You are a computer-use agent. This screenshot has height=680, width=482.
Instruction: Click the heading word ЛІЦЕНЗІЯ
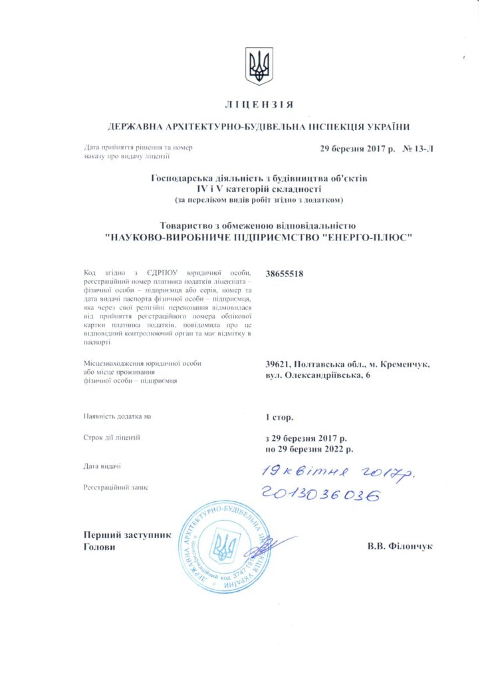click(x=259, y=106)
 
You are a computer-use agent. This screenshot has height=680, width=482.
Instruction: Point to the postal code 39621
click(x=280, y=364)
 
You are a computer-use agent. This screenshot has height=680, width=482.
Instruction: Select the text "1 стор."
click(x=279, y=417)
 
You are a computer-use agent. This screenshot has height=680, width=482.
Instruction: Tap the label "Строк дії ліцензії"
click(x=112, y=438)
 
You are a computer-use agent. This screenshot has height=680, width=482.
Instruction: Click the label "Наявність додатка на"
click(x=118, y=416)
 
